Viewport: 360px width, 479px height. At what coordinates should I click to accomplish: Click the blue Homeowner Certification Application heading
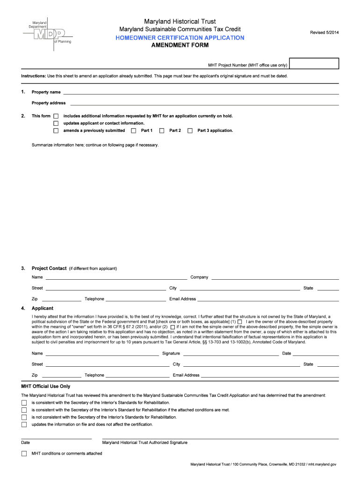pyautogui.click(x=180, y=37)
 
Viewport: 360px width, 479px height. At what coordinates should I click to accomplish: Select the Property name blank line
pyautogui.click(x=201, y=93)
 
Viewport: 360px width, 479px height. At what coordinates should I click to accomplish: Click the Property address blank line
pyautogui.click(x=204, y=103)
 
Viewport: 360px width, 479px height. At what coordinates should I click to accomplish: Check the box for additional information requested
pyautogui.click(x=56, y=116)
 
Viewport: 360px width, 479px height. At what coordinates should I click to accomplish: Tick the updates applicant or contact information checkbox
pyautogui.click(x=56, y=123)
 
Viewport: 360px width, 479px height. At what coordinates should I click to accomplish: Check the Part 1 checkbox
pyautogui.click(x=134, y=131)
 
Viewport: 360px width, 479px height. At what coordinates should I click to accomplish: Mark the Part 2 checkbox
pyautogui.click(x=162, y=131)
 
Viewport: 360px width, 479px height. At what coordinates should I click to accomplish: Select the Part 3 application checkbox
pyautogui.click(x=190, y=131)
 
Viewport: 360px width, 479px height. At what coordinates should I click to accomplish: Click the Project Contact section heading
pyautogui.click(x=49, y=269)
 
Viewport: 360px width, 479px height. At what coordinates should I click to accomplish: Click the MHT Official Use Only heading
pyautogui.click(x=46, y=386)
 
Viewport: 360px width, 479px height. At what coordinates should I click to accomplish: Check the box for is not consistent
pyautogui.click(x=24, y=417)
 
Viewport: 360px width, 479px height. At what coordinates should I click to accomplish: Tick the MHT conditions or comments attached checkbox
pyautogui.click(x=24, y=454)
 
